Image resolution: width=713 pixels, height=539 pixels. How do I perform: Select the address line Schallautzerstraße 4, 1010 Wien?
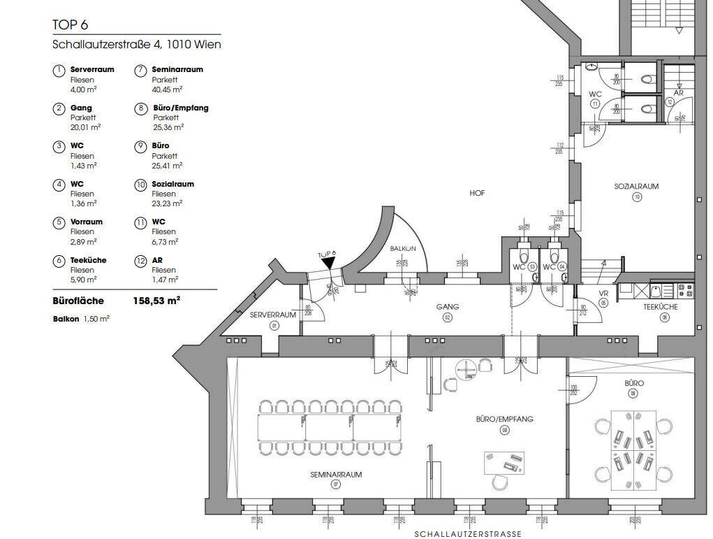tap(137, 45)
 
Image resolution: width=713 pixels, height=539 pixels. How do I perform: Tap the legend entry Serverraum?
tap(91, 70)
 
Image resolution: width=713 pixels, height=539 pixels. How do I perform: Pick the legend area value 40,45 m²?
tap(168, 89)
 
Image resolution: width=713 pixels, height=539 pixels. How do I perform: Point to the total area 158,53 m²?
tap(156, 301)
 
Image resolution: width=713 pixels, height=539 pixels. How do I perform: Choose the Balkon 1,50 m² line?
tap(81, 318)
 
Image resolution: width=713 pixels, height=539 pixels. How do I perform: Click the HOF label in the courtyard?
tap(477, 193)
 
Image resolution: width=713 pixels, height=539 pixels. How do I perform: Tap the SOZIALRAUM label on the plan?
tap(636, 187)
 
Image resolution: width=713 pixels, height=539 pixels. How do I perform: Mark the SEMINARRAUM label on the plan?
tap(336, 474)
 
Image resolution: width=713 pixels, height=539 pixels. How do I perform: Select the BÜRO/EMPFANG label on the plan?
tap(504, 419)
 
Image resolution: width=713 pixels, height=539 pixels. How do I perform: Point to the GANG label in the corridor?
tap(448, 307)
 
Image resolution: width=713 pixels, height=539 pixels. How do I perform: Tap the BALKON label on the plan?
tap(404, 249)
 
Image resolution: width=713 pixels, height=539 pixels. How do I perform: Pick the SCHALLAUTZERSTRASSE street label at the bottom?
tap(467, 534)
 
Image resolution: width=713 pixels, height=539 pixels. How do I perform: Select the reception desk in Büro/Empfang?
tap(504, 463)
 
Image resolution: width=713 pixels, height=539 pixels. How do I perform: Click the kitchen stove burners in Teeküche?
tap(685, 287)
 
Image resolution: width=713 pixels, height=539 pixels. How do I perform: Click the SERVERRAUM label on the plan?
tap(273, 315)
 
